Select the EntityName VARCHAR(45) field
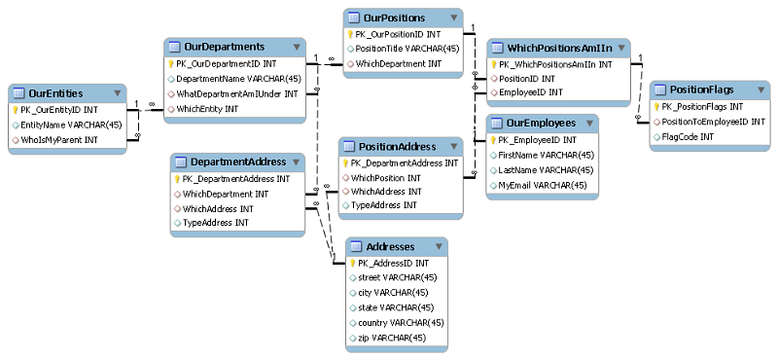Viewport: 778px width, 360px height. (72, 125)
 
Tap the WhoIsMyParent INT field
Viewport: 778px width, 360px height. (65, 140)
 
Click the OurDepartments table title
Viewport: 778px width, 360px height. (225, 47)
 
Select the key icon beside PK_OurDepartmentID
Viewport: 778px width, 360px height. (171, 63)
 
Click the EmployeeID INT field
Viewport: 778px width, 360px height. (531, 92)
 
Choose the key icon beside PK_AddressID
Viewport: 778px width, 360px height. (352, 263)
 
